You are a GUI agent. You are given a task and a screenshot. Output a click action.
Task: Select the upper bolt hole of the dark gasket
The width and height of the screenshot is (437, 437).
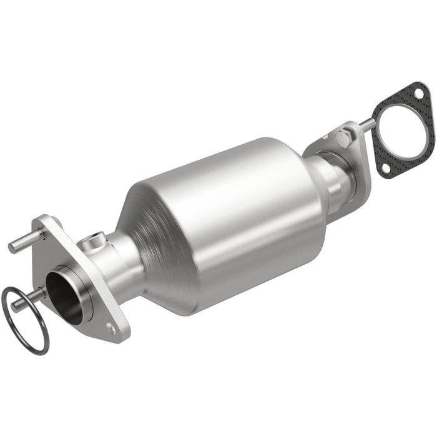418,94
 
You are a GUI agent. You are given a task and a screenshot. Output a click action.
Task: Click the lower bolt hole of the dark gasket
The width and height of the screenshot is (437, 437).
383,169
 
